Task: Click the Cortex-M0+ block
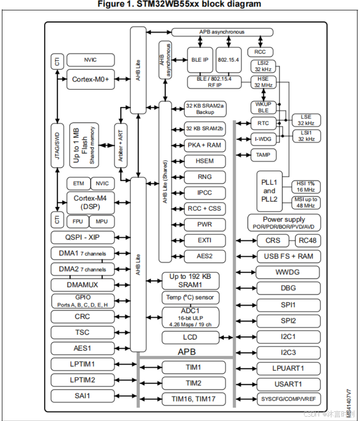[x=90, y=79]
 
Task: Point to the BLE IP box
[x=200, y=60]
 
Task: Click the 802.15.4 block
[x=229, y=60]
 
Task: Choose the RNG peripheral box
[x=204, y=177]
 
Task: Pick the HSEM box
[x=204, y=161]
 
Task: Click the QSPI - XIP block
[x=82, y=237]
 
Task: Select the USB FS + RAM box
[x=289, y=256]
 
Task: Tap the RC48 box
[x=308, y=241]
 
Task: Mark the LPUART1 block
[x=288, y=368]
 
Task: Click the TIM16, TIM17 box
[x=193, y=399]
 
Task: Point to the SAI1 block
[x=82, y=396]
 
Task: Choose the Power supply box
[x=284, y=223]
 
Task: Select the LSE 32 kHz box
[x=306, y=120]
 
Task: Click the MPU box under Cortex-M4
[x=102, y=221]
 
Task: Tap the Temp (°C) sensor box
[x=190, y=298]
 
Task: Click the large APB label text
[x=186, y=352]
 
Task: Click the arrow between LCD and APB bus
[x=226, y=338]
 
